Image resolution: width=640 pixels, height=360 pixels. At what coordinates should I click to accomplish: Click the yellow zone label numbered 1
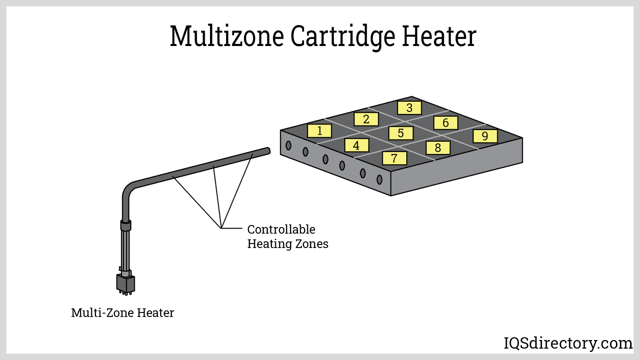[319, 131]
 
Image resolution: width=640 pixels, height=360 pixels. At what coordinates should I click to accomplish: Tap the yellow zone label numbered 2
[366, 119]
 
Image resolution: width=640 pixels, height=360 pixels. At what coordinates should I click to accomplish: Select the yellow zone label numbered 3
[409, 108]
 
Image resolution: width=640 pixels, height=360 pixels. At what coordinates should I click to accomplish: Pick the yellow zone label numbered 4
[356, 145]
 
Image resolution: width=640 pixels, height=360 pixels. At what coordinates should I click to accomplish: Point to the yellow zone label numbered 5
[401, 133]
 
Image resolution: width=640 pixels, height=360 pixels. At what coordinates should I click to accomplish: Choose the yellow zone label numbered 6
[446, 123]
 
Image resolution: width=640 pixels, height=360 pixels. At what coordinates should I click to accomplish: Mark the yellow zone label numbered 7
[394, 158]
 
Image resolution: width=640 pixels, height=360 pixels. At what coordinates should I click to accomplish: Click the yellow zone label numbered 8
[438, 148]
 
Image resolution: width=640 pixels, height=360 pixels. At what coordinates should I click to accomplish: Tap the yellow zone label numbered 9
[485, 136]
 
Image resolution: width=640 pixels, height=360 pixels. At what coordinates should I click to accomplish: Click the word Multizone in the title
[227, 36]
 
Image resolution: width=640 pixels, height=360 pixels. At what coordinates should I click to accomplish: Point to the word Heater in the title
[439, 36]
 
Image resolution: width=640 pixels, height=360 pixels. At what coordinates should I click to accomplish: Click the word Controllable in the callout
[281, 229]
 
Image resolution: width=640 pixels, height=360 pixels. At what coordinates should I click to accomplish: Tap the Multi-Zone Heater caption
[122, 312]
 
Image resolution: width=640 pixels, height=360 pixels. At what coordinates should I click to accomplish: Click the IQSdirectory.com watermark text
[568, 343]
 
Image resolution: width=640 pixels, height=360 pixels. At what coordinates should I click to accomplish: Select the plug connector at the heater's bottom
[126, 283]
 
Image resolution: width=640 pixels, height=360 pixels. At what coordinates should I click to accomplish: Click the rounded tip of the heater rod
[268, 151]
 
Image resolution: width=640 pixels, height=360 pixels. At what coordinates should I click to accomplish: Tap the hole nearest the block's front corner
[379, 180]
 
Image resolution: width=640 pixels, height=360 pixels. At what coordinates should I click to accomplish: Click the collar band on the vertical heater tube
[126, 225]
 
